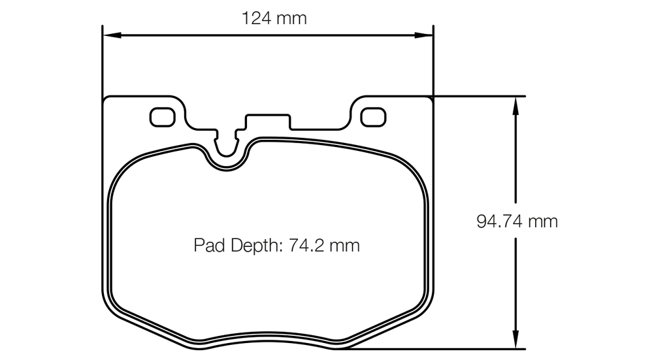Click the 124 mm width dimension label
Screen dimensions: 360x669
pyautogui.click(x=274, y=18)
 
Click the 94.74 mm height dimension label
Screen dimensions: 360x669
pyautogui.click(x=517, y=221)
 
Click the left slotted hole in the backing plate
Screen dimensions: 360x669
pyautogui.click(x=163, y=116)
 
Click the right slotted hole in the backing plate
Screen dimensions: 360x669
pyautogui.click(x=373, y=116)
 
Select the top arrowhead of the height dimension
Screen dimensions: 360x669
pyautogui.click(x=516, y=103)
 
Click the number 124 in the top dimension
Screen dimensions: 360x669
pyautogui.click(x=256, y=18)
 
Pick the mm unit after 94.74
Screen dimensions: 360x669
pyautogui.click(x=542, y=221)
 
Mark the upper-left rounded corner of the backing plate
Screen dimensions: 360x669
pyautogui.click(x=108, y=100)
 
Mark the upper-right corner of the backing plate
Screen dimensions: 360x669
pyautogui.click(x=431, y=99)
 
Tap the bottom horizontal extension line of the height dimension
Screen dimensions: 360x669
pyautogui.click(x=457, y=349)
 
